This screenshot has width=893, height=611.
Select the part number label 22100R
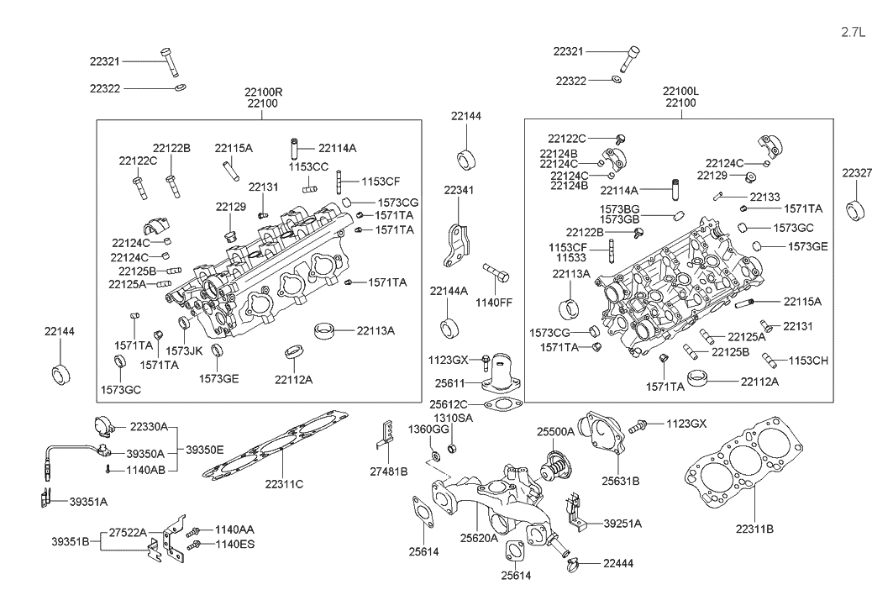pyautogui.click(x=264, y=91)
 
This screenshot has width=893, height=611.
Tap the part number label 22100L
pyautogui.click(x=680, y=91)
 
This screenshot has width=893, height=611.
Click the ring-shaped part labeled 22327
pyautogui.click(x=856, y=209)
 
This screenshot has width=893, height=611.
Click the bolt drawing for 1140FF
pyautogui.click(x=496, y=274)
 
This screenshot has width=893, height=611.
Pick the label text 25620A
pyautogui.click(x=480, y=538)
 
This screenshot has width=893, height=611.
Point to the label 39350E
pyautogui.click(x=205, y=450)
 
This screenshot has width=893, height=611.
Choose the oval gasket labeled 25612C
pyautogui.click(x=503, y=408)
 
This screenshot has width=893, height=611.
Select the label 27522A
pyautogui.click(x=128, y=532)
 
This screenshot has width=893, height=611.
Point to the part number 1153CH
pyautogui.click(x=808, y=361)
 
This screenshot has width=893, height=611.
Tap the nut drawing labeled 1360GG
pyautogui.click(x=436, y=456)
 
